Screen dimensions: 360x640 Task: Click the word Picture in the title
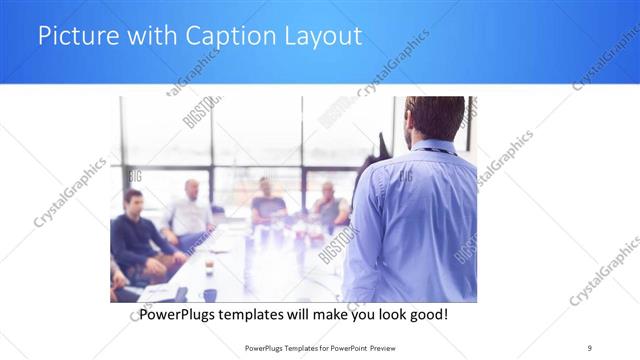(x=72, y=37)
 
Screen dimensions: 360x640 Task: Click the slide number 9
(x=589, y=347)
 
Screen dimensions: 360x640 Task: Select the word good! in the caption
(x=427, y=315)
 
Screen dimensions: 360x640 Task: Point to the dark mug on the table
(x=210, y=294)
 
